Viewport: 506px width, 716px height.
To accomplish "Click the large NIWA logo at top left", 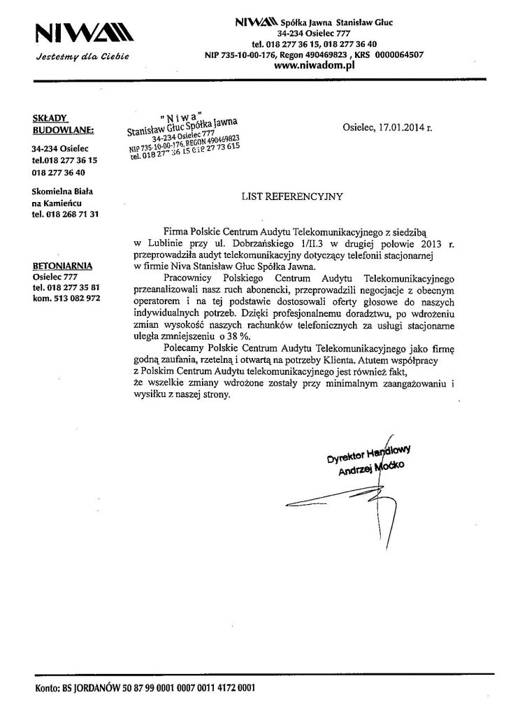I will tap(79, 34).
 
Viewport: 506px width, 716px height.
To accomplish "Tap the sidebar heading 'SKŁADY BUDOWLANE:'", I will tap(56, 124).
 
